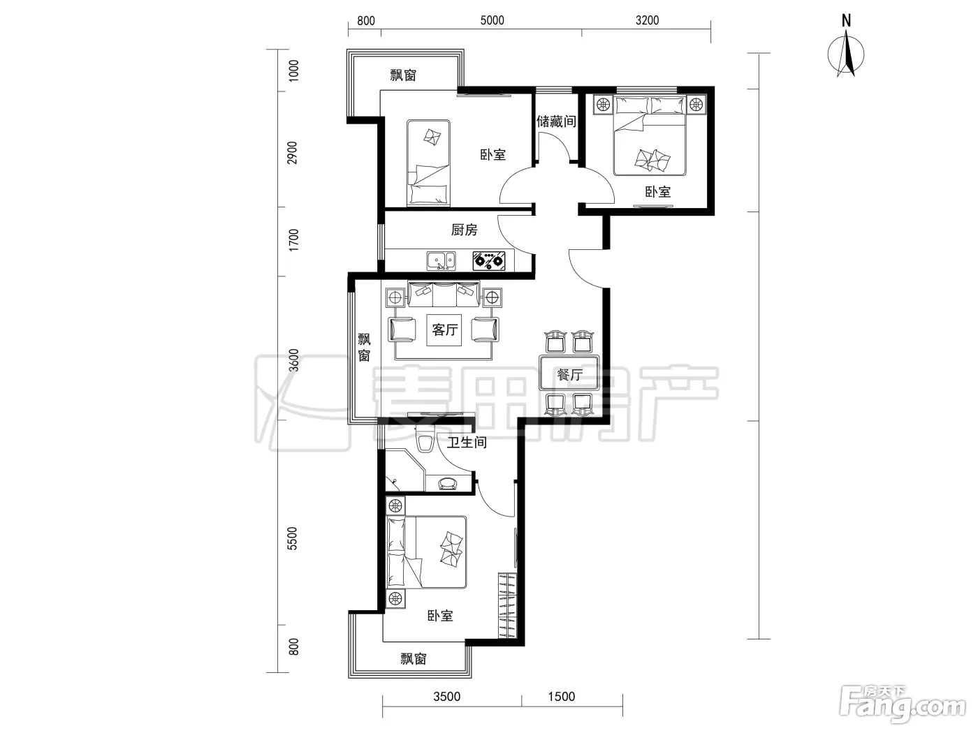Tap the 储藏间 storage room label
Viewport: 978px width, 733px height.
556,121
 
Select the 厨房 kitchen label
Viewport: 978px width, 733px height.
464,230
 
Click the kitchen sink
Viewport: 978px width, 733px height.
441,261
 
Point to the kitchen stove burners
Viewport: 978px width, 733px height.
489,261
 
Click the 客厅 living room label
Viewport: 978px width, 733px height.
445,330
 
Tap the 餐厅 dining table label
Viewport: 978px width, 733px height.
569,375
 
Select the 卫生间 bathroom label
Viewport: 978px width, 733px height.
467,442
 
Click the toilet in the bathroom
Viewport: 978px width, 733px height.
425,439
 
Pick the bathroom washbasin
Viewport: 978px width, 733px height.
448,483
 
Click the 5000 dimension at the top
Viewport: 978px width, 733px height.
492,20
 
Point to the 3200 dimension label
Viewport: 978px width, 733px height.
647,20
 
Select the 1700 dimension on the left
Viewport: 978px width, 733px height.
293,240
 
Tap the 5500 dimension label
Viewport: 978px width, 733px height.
292,538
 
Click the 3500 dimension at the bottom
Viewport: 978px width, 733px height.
446,697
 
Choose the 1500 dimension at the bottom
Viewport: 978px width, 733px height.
562,697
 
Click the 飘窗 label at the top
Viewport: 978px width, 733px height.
403,75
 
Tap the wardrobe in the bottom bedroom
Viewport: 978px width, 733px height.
507,606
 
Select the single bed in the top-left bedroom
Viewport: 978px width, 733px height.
428,163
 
